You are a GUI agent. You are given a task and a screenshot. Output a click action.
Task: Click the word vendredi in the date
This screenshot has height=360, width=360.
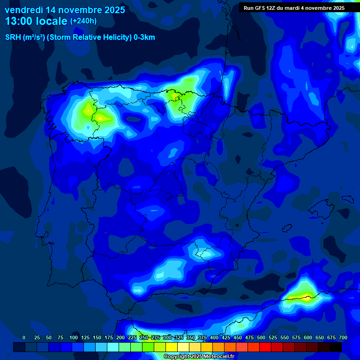click(23, 10)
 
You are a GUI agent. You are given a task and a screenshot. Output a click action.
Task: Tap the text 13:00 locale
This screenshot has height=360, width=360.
click(36, 21)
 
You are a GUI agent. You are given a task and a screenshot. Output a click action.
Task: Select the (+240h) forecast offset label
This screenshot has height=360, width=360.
click(83, 21)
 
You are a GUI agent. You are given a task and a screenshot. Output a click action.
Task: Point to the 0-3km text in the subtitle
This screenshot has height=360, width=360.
click(144, 37)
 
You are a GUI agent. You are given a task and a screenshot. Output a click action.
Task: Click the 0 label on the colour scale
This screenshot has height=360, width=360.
click(24, 337)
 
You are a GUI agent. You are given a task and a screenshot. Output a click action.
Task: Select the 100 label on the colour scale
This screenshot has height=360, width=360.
click(74, 337)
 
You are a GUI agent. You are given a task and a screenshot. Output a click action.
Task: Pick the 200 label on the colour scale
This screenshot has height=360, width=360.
click(120, 337)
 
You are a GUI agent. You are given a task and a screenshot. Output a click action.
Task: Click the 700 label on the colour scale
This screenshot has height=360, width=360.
click(343, 337)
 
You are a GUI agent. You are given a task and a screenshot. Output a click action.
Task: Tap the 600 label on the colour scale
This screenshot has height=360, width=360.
click(308, 337)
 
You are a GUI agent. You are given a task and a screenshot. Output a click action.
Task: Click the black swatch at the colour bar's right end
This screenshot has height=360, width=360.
click(336, 347)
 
